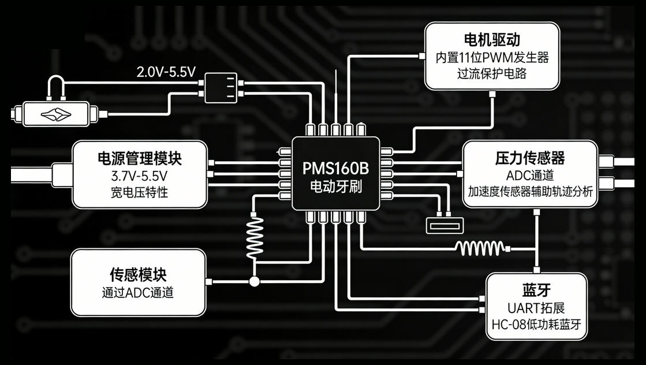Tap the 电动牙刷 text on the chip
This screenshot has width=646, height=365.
(x=335, y=187)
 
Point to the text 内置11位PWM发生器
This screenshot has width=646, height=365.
(x=492, y=58)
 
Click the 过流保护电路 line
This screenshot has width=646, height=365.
(x=492, y=74)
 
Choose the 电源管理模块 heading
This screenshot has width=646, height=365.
(x=139, y=158)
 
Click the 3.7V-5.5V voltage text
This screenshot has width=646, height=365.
(x=139, y=176)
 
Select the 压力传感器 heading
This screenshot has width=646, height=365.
(x=529, y=158)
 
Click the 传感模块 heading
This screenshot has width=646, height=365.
(x=138, y=274)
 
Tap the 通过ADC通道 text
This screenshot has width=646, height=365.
(x=138, y=292)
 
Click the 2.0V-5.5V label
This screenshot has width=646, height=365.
(x=166, y=72)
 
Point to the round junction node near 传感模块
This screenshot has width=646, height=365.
(x=254, y=282)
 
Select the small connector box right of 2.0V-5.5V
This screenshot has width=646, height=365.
(x=221, y=88)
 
